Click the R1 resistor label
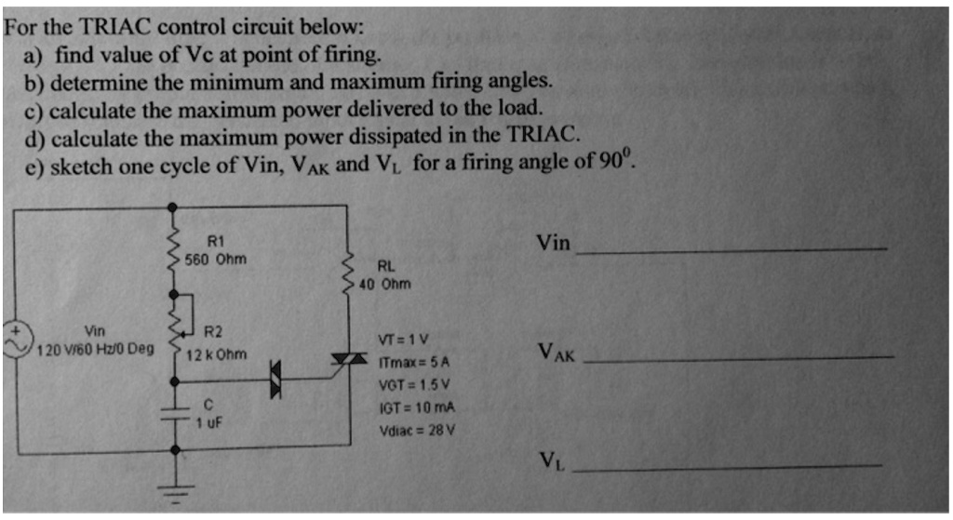click(215, 241)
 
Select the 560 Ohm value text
click(215, 259)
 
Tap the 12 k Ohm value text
click(217, 354)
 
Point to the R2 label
click(213, 331)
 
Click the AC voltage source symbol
click(16, 340)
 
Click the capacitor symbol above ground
click(175, 410)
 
